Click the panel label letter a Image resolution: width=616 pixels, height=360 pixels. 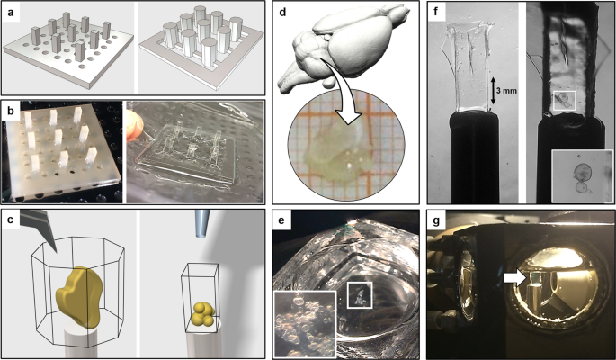coord(13,13)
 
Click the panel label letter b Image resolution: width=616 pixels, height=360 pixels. coord(11,112)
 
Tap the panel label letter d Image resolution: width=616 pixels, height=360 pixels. coord(282,13)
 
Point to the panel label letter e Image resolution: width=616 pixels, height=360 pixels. coord(281,220)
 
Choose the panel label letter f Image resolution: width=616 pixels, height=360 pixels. coord(436,12)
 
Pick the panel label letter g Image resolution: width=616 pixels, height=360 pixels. coord(436,220)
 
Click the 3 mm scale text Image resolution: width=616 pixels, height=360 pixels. coord(506,91)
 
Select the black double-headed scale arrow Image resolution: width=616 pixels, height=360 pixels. coord(491,91)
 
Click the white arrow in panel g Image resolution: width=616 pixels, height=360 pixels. coord(516,278)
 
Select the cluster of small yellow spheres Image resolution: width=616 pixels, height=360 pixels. coord(203,314)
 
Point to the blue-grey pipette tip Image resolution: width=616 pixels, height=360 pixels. coord(202,223)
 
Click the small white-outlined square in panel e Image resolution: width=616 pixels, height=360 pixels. coord(360,294)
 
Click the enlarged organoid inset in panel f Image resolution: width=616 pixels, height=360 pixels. coord(582,175)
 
